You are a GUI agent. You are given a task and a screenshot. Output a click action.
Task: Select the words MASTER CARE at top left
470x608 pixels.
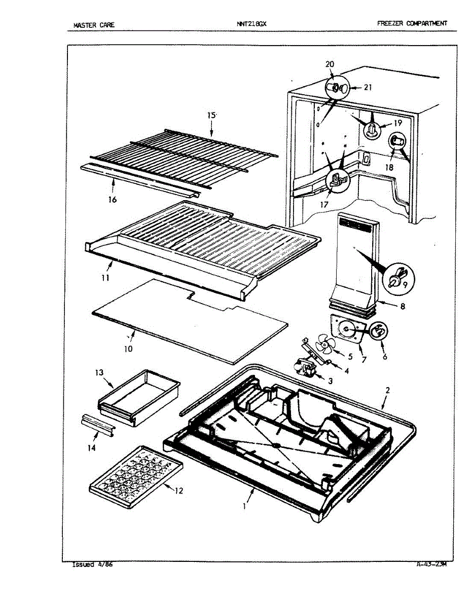pyautogui.click(x=94, y=24)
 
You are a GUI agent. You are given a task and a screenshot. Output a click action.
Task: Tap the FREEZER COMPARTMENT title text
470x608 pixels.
pyautogui.click(x=412, y=23)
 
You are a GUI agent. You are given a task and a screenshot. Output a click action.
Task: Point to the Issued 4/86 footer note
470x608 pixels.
pyautogui.click(x=92, y=564)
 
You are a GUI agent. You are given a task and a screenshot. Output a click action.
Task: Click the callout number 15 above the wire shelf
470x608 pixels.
pyautogui.click(x=211, y=116)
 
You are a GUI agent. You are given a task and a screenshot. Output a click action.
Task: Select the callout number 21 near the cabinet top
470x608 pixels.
pyautogui.click(x=368, y=87)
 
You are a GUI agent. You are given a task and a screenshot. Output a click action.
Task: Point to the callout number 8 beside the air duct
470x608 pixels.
pyautogui.click(x=402, y=306)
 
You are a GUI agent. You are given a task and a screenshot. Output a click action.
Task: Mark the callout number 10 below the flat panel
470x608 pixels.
pyautogui.click(x=128, y=349)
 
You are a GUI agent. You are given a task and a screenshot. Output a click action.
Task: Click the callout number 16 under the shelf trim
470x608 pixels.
pyautogui.click(x=112, y=199)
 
